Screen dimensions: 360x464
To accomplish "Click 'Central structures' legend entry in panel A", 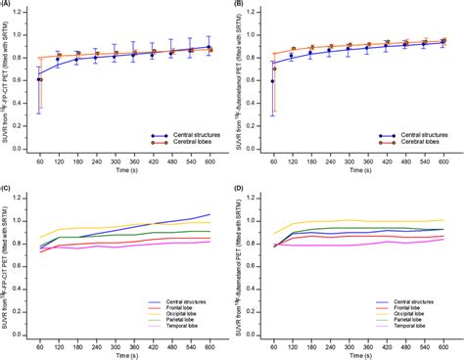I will (176, 136).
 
